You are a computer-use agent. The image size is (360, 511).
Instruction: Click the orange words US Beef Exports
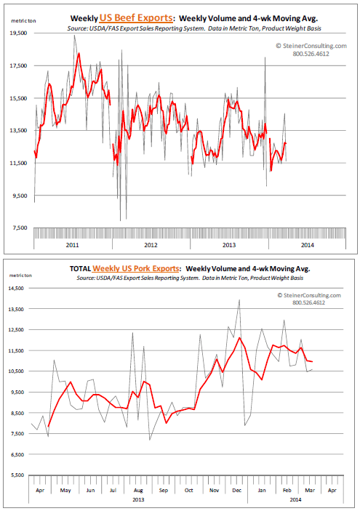[x=136, y=17]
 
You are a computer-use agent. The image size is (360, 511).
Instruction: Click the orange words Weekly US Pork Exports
[x=136, y=268]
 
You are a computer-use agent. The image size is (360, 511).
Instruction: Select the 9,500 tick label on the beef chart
[x=20, y=196]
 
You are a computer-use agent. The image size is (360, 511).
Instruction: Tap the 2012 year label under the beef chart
[x=151, y=245]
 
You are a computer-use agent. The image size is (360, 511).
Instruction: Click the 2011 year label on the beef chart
[x=73, y=245]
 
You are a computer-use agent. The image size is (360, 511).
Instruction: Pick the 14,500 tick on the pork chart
[x=17, y=288]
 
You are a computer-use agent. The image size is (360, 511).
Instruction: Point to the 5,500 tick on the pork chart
[x=17, y=475]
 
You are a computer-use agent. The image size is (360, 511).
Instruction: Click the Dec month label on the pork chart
[x=237, y=490]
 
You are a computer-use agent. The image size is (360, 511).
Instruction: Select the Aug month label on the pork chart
[x=138, y=490]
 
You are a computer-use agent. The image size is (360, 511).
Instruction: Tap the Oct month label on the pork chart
[x=189, y=490]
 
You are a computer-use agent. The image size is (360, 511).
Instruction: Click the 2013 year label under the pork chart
[x=138, y=499]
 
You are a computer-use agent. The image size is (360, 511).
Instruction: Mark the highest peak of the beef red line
[x=79, y=53]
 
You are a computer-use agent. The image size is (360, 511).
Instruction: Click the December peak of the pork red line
[x=239, y=337]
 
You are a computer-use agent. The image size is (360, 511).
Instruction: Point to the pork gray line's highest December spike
[x=239, y=299]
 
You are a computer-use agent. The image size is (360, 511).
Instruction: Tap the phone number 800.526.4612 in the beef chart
[x=311, y=54]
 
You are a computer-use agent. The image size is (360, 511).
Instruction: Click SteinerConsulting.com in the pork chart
[x=309, y=295]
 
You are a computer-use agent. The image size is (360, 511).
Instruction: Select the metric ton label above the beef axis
[x=23, y=21]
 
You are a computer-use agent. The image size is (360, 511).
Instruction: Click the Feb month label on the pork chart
[x=287, y=490]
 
